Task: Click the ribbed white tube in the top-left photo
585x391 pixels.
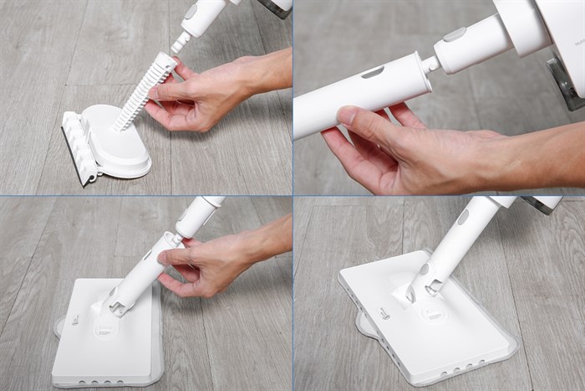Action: tap(145, 92)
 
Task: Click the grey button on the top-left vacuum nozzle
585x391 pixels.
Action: tap(191, 12)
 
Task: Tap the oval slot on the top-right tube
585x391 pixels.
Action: tap(374, 73)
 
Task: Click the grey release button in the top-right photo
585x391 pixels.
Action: tap(456, 34)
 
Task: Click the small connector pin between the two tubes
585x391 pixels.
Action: tap(430, 64)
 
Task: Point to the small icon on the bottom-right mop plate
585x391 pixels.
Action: tap(384, 312)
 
